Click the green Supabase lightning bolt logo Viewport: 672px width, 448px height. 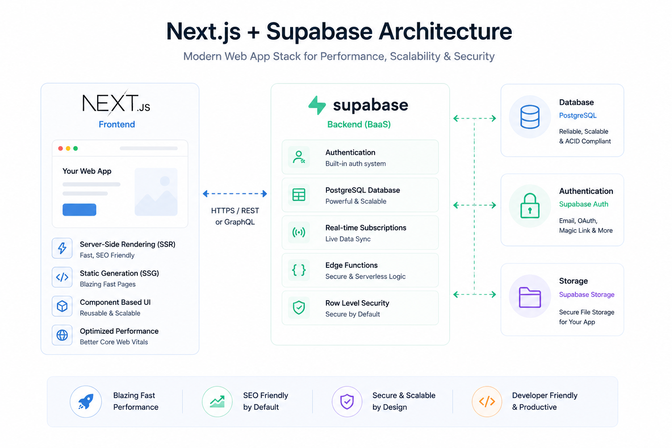click(317, 105)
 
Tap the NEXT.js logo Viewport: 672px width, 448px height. click(116, 103)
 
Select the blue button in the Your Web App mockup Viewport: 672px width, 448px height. click(79, 210)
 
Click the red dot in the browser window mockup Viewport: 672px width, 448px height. click(60, 148)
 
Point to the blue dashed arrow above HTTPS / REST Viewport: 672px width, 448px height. click(235, 193)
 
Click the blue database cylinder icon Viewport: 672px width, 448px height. click(530, 117)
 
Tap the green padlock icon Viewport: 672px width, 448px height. click(530, 206)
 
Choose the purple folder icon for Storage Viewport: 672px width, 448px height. click(530, 297)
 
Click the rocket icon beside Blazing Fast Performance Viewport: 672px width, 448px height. click(86, 402)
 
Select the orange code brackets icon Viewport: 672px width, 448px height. click(487, 402)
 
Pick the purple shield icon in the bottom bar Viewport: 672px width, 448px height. click(347, 402)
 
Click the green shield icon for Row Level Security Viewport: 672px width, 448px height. click(299, 308)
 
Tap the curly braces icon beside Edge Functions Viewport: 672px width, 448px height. click(299, 270)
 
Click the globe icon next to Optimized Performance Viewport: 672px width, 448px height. click(62, 335)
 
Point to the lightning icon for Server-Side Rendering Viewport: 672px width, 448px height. click(62, 248)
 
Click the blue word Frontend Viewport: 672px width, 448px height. click(117, 124)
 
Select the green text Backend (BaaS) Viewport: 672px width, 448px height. click(359, 124)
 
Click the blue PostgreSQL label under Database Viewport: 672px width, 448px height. click(578, 115)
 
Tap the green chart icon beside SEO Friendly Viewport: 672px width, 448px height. click(217, 402)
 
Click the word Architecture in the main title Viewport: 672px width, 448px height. click(445, 31)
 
